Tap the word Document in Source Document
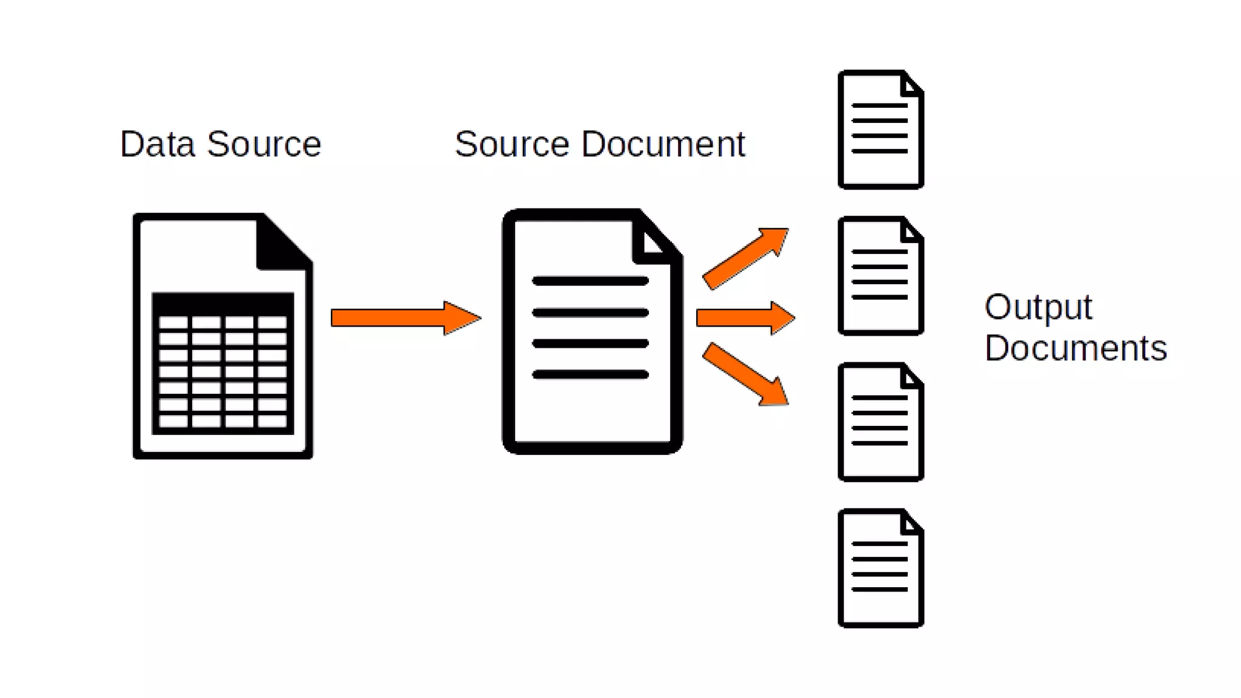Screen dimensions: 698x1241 click(x=663, y=144)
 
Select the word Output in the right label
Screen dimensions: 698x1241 click(x=1038, y=307)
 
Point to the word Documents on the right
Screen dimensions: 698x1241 click(x=1076, y=348)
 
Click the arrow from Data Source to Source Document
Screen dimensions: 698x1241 click(x=405, y=317)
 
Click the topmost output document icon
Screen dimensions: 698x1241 click(x=880, y=130)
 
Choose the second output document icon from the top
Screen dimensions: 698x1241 click(x=880, y=276)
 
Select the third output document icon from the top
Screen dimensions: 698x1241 click(x=880, y=422)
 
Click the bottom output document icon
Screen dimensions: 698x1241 click(x=880, y=568)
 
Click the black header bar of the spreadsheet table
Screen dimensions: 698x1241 click(x=223, y=303)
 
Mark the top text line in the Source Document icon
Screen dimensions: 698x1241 click(x=590, y=281)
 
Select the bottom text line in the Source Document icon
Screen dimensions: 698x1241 click(x=590, y=375)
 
